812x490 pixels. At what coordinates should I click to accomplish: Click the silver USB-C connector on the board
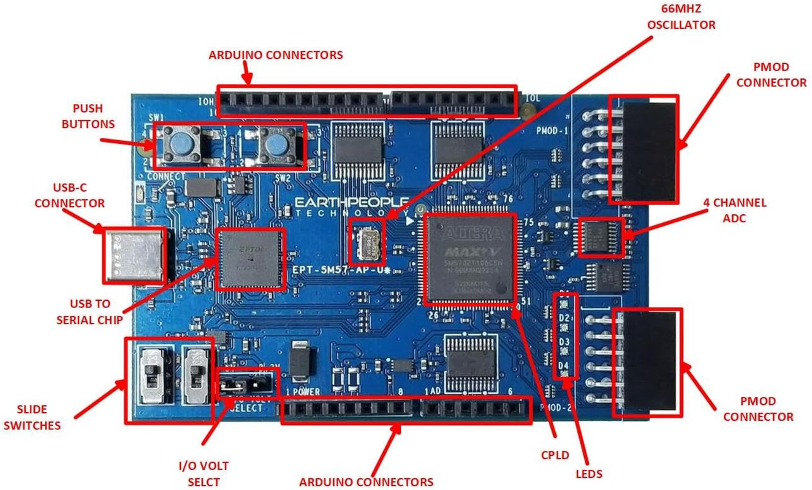click(134, 255)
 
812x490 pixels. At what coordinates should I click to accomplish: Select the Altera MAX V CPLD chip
click(469, 258)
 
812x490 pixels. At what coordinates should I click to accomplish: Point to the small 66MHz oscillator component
click(366, 241)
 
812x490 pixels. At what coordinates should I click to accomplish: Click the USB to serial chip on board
click(250, 258)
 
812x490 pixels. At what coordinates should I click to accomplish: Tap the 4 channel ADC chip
click(601, 237)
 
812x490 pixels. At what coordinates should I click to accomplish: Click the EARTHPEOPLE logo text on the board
click(352, 203)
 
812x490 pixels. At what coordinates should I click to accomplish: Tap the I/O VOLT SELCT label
click(203, 474)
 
